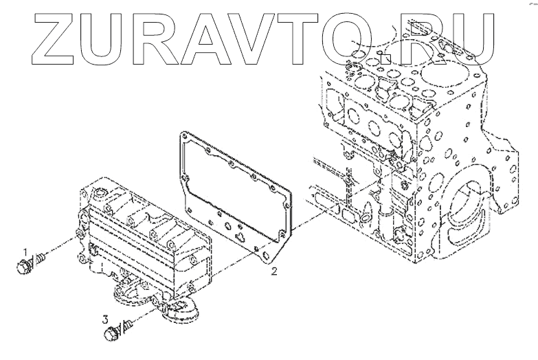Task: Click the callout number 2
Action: (273, 272)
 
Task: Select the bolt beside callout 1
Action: (25, 265)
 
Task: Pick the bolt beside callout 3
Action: (112, 334)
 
